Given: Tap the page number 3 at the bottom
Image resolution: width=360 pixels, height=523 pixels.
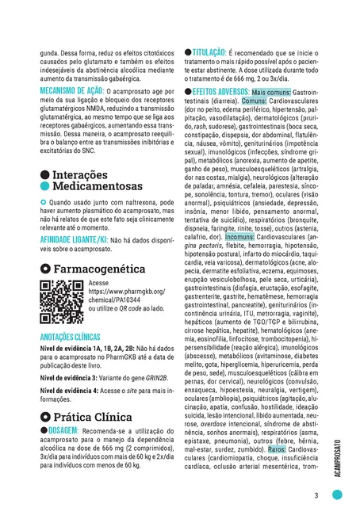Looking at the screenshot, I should point(316,496).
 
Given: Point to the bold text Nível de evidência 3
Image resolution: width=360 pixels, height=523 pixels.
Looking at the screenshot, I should point(68,378).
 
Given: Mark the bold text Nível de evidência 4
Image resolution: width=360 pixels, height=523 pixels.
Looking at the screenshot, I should point(68,392).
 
